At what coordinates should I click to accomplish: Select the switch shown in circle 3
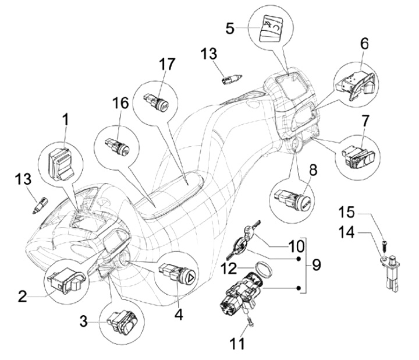pos(123,320)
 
